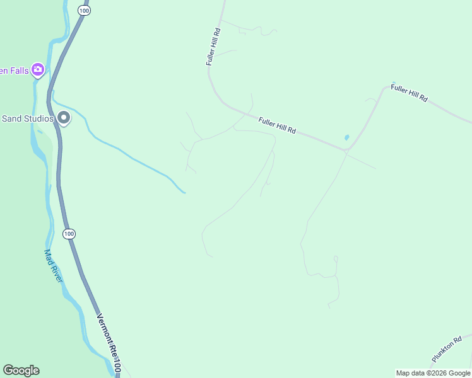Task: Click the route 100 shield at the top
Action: coord(84,11)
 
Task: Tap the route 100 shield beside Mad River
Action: coord(69,234)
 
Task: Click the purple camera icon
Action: coord(38,69)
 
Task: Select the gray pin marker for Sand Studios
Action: coord(64,117)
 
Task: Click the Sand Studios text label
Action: coord(27,118)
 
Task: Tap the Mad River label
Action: coord(53,265)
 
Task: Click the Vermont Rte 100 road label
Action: coord(109,343)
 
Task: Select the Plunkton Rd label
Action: coord(447,348)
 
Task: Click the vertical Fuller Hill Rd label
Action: coord(213,47)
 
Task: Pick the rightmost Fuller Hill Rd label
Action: coord(409,93)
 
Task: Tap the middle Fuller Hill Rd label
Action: coord(277,123)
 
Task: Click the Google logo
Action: coord(21,370)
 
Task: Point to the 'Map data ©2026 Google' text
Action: coord(433,373)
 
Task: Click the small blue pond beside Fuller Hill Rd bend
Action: coord(346,137)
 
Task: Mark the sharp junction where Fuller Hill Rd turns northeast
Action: coord(346,150)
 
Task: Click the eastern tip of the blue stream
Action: coord(184,192)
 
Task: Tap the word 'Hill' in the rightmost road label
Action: coord(413,94)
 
